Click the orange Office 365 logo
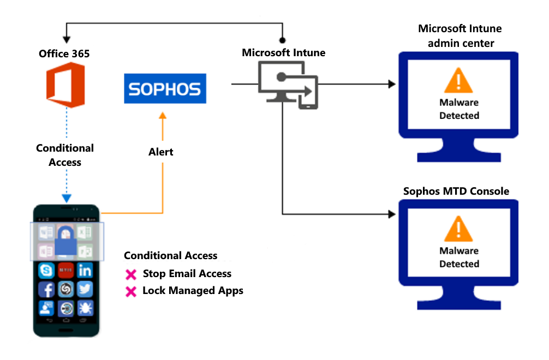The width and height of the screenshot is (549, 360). pos(65,85)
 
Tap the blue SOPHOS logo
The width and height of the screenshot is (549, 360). pos(165,89)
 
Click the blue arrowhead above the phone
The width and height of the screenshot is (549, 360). pos(66,199)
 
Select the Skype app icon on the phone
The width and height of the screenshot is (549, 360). pos(46,270)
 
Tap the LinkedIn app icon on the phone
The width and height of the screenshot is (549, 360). pos(85,270)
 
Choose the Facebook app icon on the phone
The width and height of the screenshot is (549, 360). pos(46,289)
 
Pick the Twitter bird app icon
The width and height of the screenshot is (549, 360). pos(85,289)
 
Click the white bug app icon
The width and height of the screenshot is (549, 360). pos(85,308)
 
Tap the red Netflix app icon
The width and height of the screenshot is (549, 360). pos(65,270)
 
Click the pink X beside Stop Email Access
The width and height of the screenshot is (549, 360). pos(131,274)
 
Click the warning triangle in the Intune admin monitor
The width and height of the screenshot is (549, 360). pos(458,82)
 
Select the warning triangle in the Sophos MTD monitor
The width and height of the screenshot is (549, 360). pos(458,230)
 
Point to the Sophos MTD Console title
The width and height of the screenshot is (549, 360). pos(456,191)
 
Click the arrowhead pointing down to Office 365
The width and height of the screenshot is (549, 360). pos(66,40)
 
